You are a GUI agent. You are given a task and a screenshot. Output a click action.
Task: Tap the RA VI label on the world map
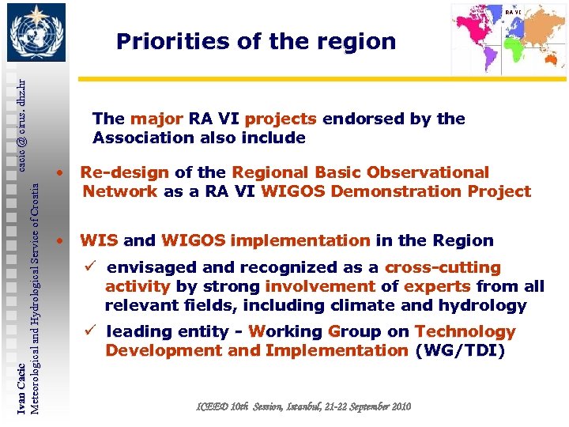[x=514, y=12]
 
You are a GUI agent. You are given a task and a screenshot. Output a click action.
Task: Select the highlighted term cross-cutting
[x=443, y=268]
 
